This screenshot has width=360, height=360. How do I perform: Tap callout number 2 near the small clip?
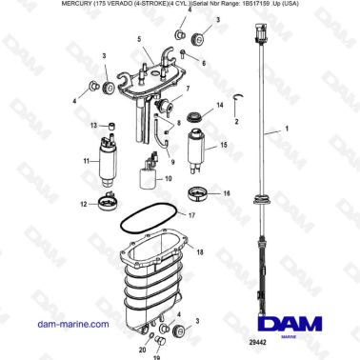236,122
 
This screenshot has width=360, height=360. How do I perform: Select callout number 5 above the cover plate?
139,40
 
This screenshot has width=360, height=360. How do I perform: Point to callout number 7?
188,89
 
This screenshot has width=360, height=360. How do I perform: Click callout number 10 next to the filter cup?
168,178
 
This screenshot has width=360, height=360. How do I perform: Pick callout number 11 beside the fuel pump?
86,162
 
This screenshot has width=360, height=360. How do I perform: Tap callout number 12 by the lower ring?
84,203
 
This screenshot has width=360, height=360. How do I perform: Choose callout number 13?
93,125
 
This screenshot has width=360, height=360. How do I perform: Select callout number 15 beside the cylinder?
225,146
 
